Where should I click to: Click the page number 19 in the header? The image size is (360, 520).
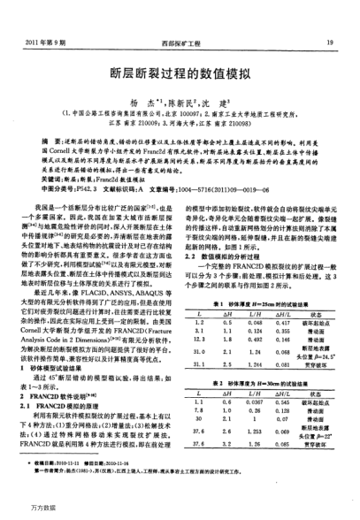click(x=329, y=42)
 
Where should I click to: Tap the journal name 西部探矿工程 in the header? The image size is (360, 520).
click(x=180, y=42)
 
